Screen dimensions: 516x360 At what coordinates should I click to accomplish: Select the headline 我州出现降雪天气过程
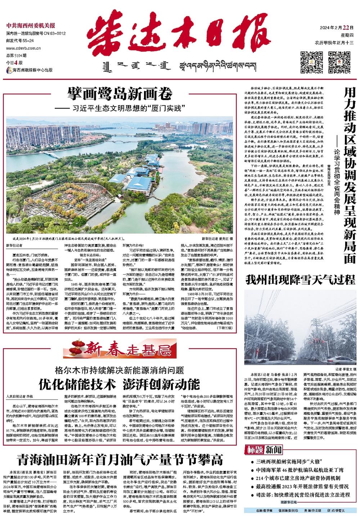pyautogui.click(x=300, y=279)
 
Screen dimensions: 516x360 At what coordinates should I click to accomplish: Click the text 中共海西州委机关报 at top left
pyautogui.click(x=31, y=26)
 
